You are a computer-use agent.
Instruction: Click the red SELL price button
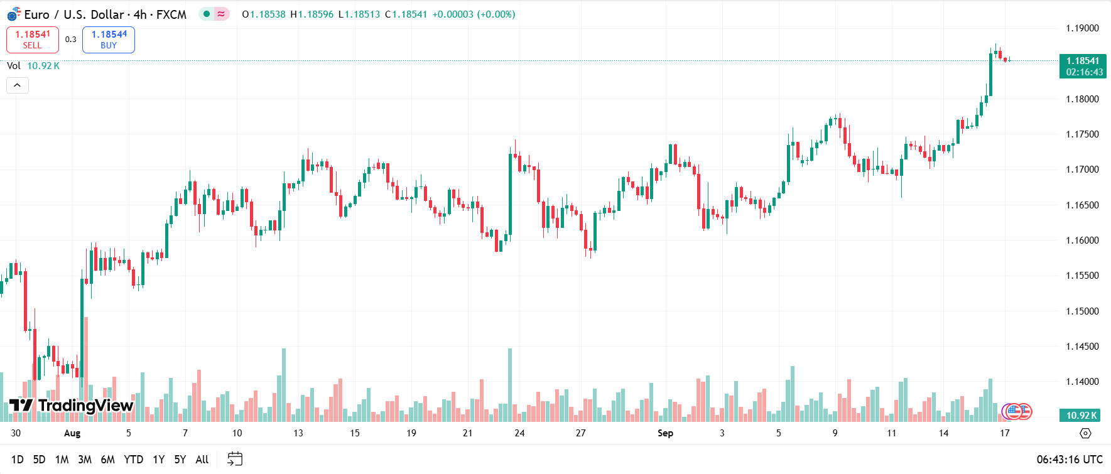pyautogui.click(x=33, y=40)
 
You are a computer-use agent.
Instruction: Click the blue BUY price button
pyautogui.click(x=109, y=40)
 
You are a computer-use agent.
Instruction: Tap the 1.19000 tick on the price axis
pyautogui.click(x=1082, y=28)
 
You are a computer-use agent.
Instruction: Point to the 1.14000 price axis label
pyautogui.click(x=1082, y=382)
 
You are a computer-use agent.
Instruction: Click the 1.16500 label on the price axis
pyautogui.click(x=1082, y=205)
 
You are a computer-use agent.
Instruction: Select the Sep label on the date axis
pyautogui.click(x=665, y=433)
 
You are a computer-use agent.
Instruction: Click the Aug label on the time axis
pyautogui.click(x=72, y=433)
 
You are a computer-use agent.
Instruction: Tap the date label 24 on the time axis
pyautogui.click(x=519, y=433)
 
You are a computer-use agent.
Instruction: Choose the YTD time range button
pyautogui.click(x=133, y=460)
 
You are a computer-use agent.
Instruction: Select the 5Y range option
pyautogui.click(x=180, y=460)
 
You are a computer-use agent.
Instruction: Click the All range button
pyautogui.click(x=202, y=460)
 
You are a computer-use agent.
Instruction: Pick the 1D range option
pyautogui.click(x=18, y=460)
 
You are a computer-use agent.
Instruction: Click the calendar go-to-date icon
pyautogui.click(x=235, y=459)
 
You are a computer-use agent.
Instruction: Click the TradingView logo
pyautogui.click(x=72, y=406)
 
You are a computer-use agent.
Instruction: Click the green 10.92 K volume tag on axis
pyautogui.click(x=1081, y=415)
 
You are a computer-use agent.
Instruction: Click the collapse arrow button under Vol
pyautogui.click(x=18, y=85)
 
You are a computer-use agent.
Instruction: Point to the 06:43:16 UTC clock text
pyautogui.click(x=1070, y=460)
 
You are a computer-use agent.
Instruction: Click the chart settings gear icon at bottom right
pyautogui.click(x=1085, y=433)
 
